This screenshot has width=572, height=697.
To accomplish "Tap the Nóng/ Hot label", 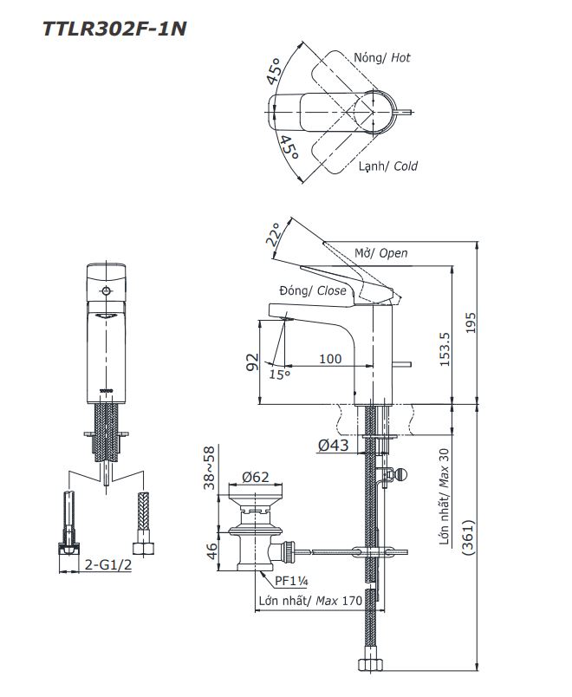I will click(x=382, y=57).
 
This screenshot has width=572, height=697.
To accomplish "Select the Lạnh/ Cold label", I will click(x=388, y=166).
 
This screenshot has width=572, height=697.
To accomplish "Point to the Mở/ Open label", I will click(x=380, y=253).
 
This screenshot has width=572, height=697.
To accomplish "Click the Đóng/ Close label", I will click(x=313, y=290).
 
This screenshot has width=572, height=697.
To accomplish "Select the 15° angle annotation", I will click(x=279, y=375).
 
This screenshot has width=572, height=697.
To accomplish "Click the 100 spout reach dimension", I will click(x=329, y=358).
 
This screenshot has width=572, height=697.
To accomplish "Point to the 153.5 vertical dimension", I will click(x=444, y=348).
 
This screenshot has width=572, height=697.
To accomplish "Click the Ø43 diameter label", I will click(x=333, y=445).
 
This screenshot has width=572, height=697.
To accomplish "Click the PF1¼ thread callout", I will click(x=293, y=581).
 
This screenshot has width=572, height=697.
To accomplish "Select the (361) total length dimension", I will click(x=469, y=543).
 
